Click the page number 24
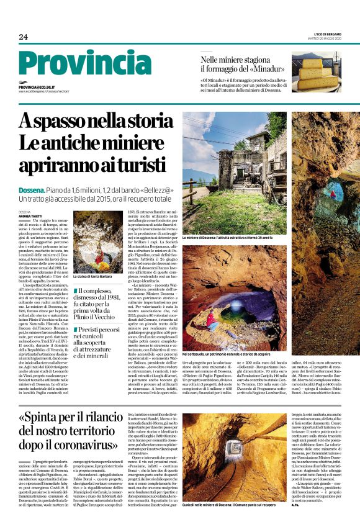coord(23,37)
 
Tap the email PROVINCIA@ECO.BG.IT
coord(37,88)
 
